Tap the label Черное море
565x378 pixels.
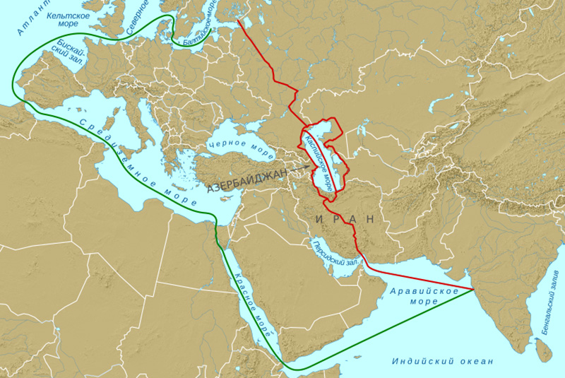click(241, 148)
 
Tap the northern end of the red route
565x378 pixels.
click(238, 19)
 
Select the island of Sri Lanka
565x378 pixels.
click(542, 349)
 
